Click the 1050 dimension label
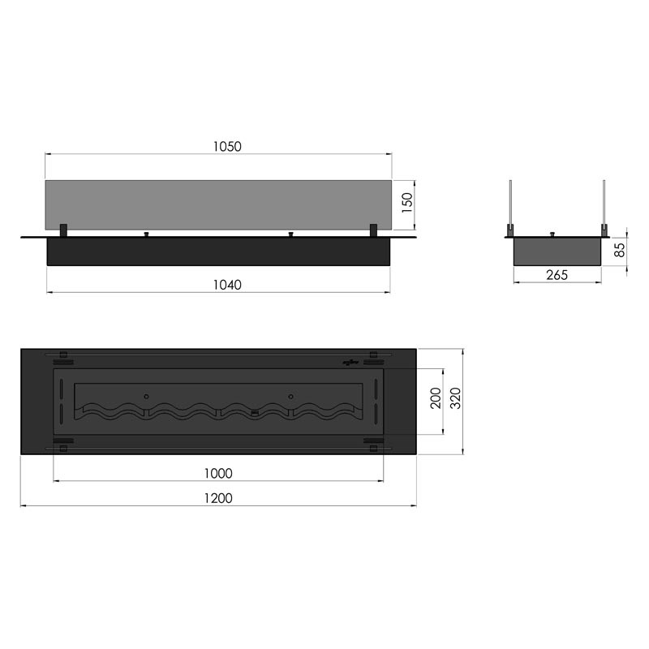[x=227, y=147]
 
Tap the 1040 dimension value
[x=227, y=285]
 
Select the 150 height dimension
[x=407, y=203]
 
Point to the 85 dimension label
[x=619, y=250]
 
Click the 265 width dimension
[x=557, y=275]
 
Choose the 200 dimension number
[x=436, y=398]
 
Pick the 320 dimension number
[x=455, y=398]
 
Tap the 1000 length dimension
[x=218, y=473]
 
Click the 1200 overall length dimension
[x=218, y=498]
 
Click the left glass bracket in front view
[x=64, y=230]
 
